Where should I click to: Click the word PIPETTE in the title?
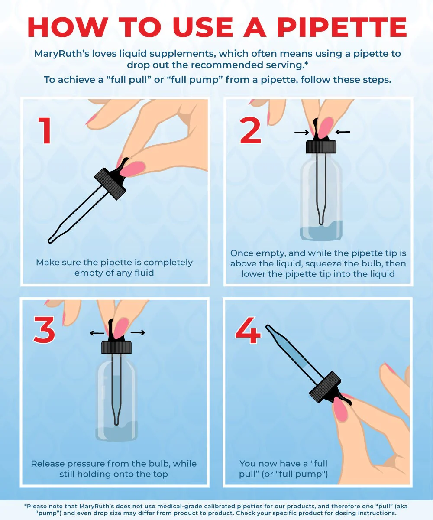(x=342, y=27)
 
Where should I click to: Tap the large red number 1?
(x=45, y=131)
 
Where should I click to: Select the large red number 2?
(x=250, y=131)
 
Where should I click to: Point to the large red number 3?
(x=44, y=329)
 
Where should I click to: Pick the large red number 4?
(x=248, y=330)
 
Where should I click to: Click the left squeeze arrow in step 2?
(x=302, y=133)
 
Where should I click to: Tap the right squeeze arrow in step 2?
(x=343, y=132)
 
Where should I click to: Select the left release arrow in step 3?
(x=97, y=333)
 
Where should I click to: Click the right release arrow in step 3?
(x=138, y=332)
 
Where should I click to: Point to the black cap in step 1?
(x=110, y=184)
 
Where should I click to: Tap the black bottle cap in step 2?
(x=321, y=147)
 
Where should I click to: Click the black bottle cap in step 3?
(x=116, y=347)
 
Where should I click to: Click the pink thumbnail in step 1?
(x=132, y=169)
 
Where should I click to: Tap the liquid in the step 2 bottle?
(x=321, y=231)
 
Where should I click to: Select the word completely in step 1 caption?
(x=168, y=263)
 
